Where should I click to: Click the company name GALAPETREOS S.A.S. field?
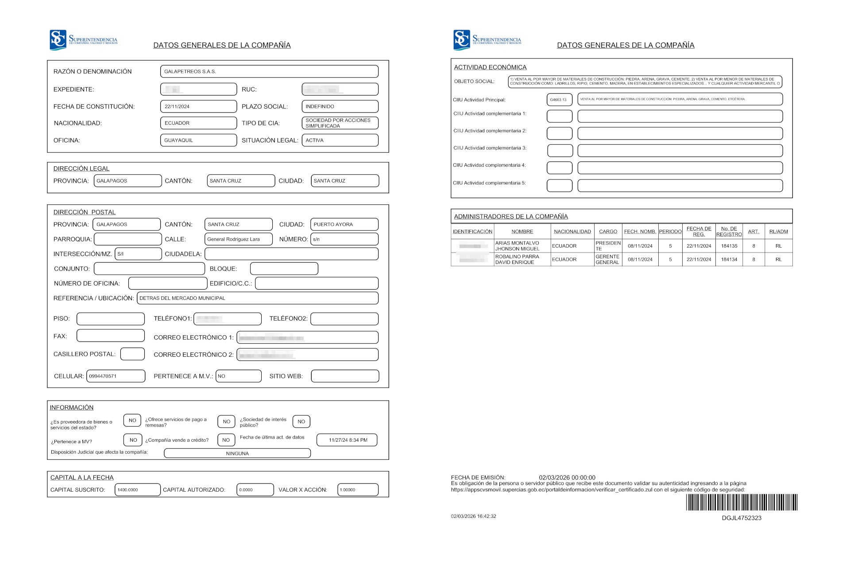[269, 71]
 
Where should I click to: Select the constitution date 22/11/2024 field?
[198, 107]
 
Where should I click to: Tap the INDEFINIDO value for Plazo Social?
[340, 107]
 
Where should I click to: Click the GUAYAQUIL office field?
[198, 140]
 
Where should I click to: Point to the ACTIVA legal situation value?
[340, 140]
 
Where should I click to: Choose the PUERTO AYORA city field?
[344, 224]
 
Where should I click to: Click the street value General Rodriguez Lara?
[238, 239]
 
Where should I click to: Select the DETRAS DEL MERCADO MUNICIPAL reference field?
[257, 298]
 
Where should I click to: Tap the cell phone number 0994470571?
[116, 376]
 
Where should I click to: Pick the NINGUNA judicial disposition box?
[237, 453]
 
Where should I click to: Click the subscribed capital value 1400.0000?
[137, 490]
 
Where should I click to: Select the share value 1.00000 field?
[358, 490]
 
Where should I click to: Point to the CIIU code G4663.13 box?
[559, 99]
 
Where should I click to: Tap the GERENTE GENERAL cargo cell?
[607, 260]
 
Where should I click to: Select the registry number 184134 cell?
[729, 260]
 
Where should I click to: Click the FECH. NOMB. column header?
[640, 231]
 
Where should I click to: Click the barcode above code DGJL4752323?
[742, 502]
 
